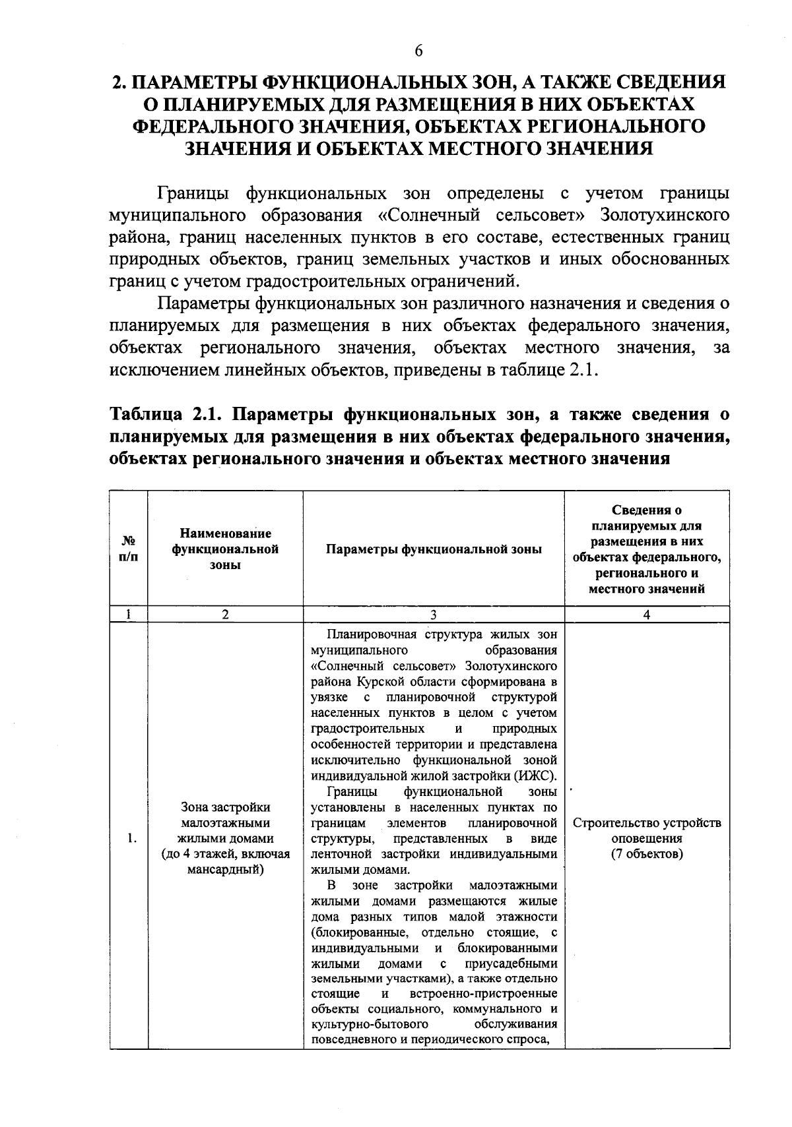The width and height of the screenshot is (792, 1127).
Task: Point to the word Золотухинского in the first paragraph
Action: (x=665, y=216)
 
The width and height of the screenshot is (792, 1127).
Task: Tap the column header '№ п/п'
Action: (x=129, y=549)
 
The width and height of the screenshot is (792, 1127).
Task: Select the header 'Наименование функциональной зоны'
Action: (x=225, y=549)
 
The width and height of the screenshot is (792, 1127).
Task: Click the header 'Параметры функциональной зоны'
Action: (x=434, y=549)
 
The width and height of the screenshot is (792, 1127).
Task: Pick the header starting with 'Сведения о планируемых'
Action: (x=646, y=549)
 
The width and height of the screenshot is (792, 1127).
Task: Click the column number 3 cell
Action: (x=434, y=615)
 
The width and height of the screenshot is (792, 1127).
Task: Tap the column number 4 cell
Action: (x=646, y=615)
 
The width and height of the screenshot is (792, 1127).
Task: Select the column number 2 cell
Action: (x=225, y=615)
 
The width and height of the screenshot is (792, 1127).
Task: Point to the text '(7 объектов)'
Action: (x=646, y=855)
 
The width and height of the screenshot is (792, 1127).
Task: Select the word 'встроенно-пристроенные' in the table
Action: (x=483, y=994)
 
